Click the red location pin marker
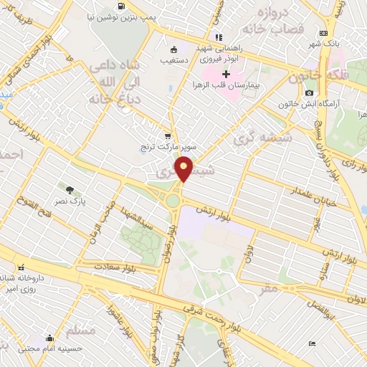(x=184, y=169)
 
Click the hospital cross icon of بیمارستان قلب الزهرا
(x=226, y=75)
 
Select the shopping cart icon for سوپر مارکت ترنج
(x=168, y=135)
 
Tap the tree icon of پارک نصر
(x=70, y=190)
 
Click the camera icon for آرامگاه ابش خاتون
(x=309, y=92)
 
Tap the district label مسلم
(x=80, y=330)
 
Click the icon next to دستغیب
(x=173, y=50)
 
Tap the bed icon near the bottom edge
(x=311, y=343)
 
